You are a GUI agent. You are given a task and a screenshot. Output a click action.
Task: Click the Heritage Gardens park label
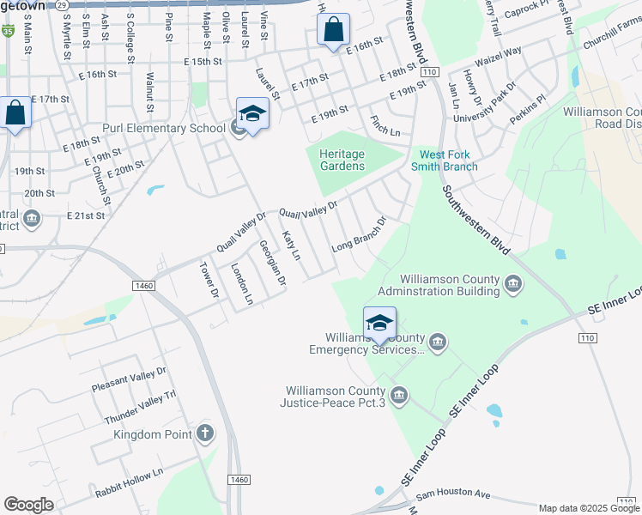point(342,160)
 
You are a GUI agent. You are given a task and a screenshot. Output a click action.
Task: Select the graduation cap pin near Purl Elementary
point(252,114)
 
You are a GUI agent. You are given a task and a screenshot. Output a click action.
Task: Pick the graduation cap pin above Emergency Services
point(379,324)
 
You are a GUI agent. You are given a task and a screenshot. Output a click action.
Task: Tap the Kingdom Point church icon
point(204,433)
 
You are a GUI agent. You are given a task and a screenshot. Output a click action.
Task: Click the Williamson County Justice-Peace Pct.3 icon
point(398,395)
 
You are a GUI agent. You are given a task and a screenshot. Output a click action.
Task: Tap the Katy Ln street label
point(291,245)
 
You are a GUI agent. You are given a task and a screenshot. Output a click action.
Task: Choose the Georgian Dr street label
point(271,263)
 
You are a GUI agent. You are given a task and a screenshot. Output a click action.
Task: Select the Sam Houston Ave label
point(453,495)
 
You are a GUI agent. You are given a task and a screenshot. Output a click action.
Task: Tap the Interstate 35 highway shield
point(8,31)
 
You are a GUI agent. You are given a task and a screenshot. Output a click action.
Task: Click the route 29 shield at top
point(63,5)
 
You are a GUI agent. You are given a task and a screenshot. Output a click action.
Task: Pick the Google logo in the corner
point(28,505)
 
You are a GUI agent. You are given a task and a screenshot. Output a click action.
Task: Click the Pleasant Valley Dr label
point(129,381)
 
